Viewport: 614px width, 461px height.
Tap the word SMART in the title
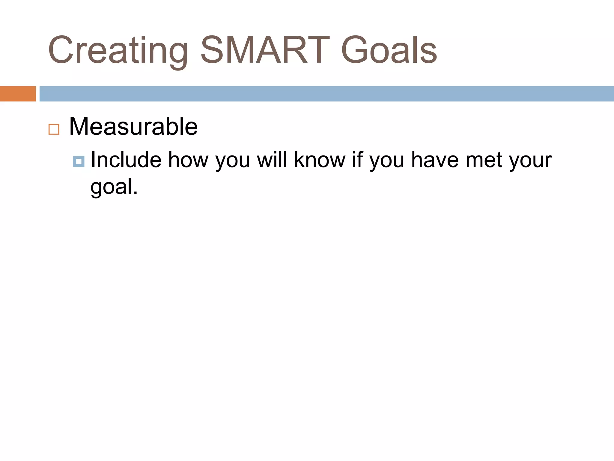point(265,50)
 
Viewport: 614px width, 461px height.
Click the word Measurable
point(133,127)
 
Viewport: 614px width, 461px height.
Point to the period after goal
point(135,193)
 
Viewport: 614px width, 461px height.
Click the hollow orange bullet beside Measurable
point(54,129)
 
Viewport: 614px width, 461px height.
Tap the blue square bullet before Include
point(79,161)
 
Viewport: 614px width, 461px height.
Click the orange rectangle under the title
point(18,94)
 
